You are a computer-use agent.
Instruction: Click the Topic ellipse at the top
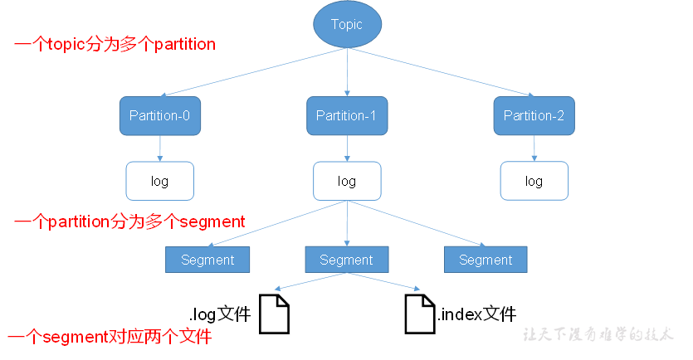click(347, 24)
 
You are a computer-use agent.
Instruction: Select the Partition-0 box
click(160, 116)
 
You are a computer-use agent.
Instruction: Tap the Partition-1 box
click(347, 116)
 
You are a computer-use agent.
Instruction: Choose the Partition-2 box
click(534, 116)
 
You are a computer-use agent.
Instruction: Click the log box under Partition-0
click(160, 181)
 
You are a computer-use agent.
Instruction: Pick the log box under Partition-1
click(347, 181)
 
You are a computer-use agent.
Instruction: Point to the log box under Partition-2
click(534, 181)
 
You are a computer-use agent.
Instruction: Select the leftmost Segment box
click(207, 260)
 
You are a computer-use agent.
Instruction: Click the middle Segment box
click(347, 260)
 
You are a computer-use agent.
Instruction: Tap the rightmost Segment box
click(486, 260)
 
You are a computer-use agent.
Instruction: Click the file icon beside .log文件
click(274, 314)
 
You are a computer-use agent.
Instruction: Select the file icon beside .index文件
click(420, 314)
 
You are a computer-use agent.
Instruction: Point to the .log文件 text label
click(220, 314)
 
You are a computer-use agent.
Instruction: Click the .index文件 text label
click(477, 314)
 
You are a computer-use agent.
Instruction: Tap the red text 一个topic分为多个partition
click(115, 44)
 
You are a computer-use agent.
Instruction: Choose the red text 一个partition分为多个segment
click(129, 221)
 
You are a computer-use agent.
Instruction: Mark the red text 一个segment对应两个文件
click(110, 337)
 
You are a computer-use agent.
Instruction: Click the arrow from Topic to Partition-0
click(253, 72)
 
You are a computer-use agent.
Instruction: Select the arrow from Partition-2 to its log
click(534, 148)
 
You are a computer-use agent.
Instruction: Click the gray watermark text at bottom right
click(598, 334)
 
